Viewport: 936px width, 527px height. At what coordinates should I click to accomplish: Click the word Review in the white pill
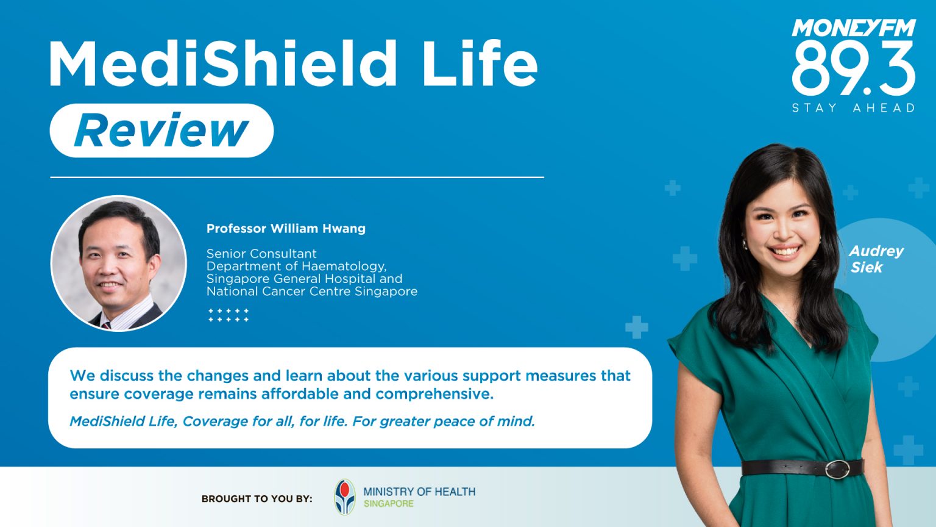(x=161, y=131)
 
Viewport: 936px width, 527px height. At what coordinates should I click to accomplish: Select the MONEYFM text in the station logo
(x=853, y=28)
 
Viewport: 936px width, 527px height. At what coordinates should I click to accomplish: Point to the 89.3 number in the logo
(x=853, y=68)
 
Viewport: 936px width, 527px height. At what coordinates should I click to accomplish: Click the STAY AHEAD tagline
(x=853, y=108)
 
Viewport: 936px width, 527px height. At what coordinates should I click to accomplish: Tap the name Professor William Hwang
(x=286, y=229)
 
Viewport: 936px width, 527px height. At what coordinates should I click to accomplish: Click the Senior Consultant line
(x=261, y=253)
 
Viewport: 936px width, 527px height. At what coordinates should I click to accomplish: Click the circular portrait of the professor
(x=119, y=262)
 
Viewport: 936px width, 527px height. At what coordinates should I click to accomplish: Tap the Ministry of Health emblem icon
(x=345, y=497)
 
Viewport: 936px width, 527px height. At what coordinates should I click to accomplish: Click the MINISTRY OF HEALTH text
(x=419, y=492)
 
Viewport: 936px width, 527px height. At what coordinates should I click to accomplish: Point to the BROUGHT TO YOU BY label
(x=257, y=499)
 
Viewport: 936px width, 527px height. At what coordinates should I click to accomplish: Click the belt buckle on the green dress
(x=837, y=468)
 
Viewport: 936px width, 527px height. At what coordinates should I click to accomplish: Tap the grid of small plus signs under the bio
(x=229, y=315)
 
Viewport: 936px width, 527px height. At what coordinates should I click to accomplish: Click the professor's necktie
(x=107, y=325)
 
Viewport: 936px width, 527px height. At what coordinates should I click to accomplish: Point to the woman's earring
(x=745, y=244)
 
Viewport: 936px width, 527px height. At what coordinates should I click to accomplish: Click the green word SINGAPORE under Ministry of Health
(x=389, y=504)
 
